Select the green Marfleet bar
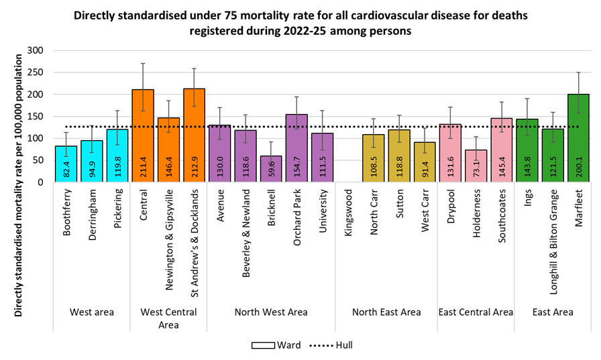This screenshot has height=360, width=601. tap(578, 138)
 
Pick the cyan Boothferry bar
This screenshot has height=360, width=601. tap(66, 164)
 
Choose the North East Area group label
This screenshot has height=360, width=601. tap(386, 312)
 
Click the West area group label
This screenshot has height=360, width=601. tap(91, 312)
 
